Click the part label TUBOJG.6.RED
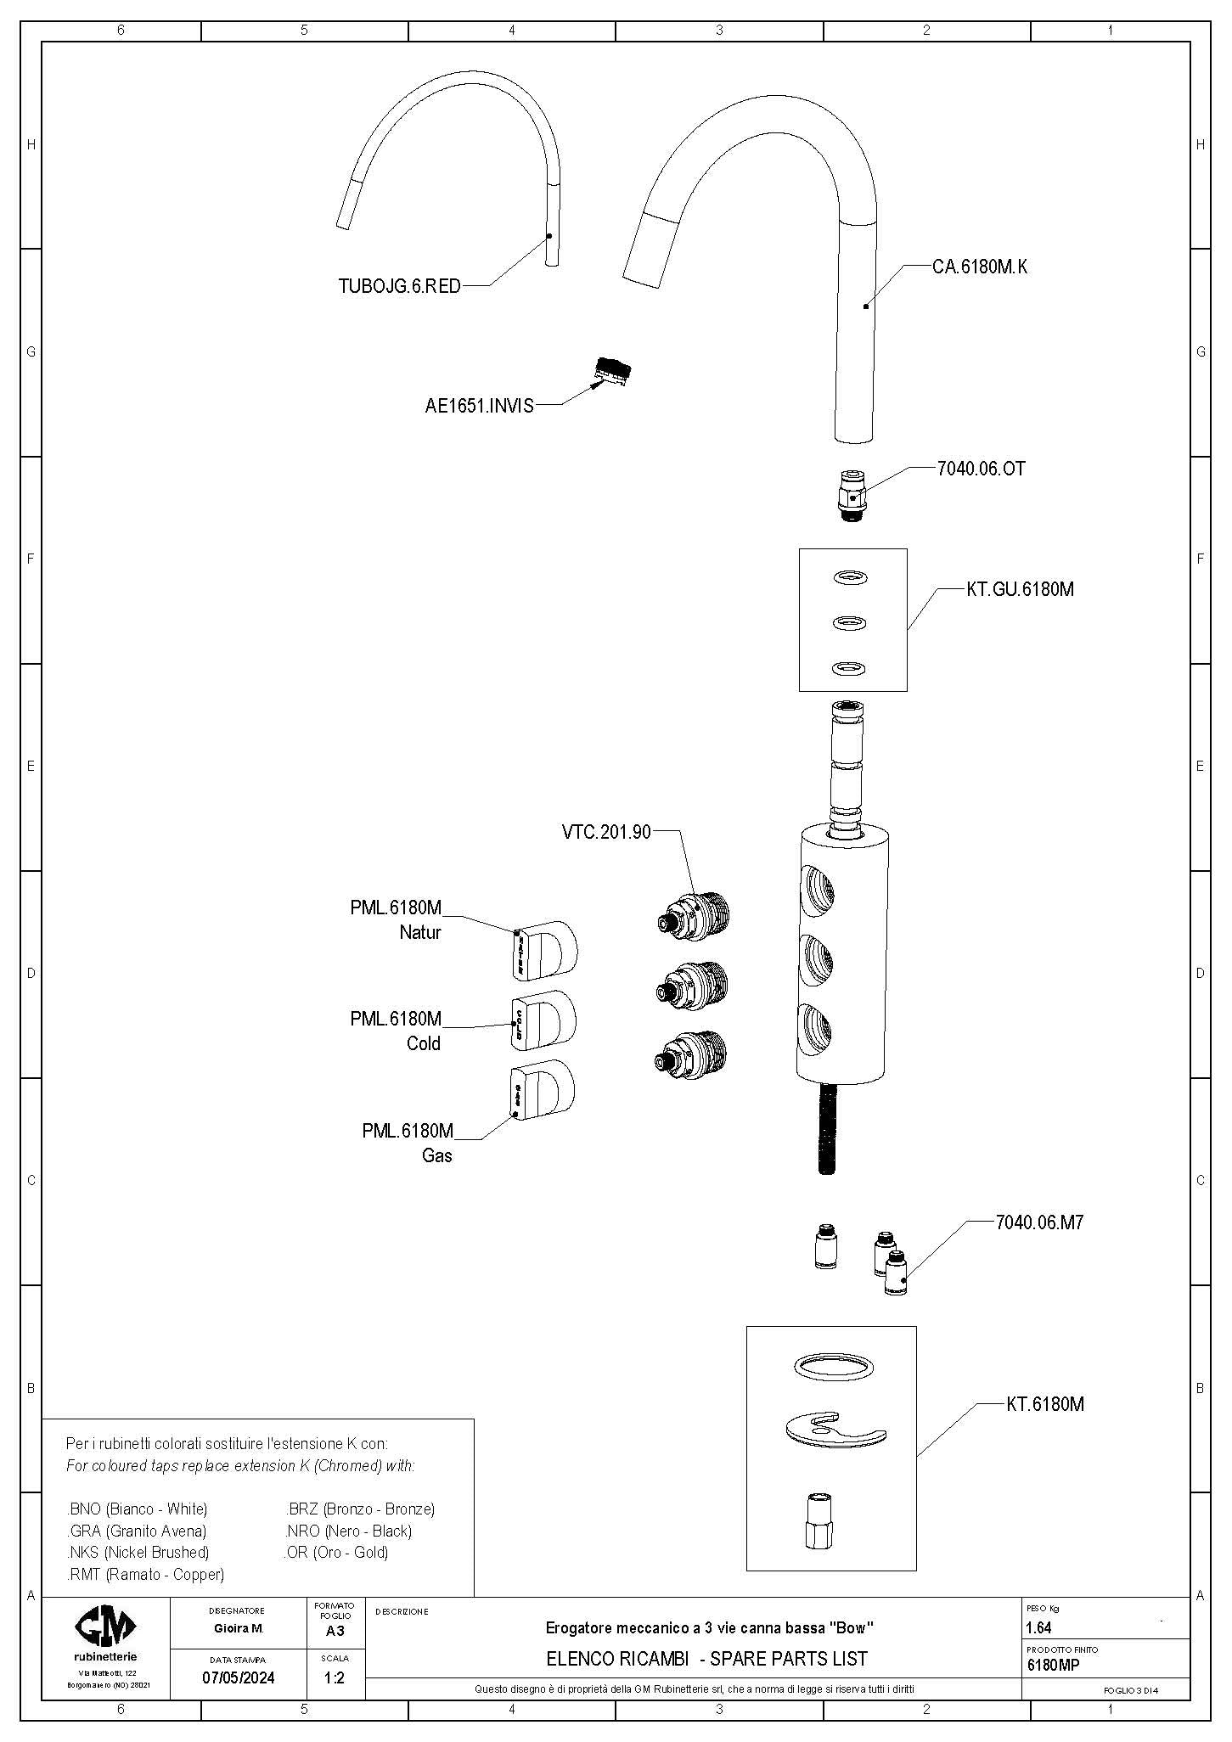coord(399,287)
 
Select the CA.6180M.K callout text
coord(980,267)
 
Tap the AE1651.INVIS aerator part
coord(613,371)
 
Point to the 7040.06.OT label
coord(981,469)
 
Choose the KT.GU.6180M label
coord(1020,589)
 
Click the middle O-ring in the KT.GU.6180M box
coord(851,624)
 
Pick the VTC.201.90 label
coord(605,832)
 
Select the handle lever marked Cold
coord(543,1019)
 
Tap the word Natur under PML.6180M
coord(420,933)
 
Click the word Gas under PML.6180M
coord(437,1155)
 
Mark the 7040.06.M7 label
coord(1039,1222)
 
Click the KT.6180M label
coord(1045,1404)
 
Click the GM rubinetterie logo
coord(105,1627)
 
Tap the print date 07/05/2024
coord(238,1677)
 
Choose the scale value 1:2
coord(335,1677)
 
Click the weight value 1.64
coord(1039,1627)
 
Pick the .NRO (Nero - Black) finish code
coord(348,1531)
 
